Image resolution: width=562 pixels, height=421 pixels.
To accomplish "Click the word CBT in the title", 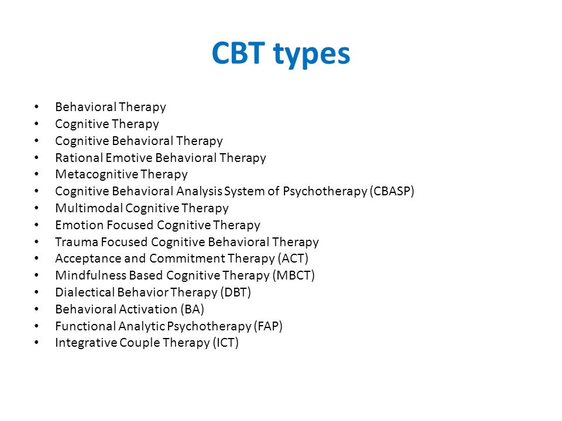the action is coord(238,53).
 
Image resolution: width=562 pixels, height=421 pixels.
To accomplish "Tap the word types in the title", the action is coord(311,55).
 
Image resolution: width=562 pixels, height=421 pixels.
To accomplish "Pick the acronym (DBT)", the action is coord(235,292).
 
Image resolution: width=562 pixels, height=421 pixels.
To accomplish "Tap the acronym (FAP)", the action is coord(268,326).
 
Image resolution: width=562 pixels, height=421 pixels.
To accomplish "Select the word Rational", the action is coord(79,157).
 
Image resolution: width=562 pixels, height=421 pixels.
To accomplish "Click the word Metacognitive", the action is coord(97,174).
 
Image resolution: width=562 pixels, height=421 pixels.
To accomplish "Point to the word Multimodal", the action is coord(89,208).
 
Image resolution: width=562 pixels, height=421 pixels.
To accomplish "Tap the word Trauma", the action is coord(77,242).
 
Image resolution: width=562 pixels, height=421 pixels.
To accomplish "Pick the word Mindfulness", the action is coord(91,275).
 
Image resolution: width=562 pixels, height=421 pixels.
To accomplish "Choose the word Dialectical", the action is coord(85,292).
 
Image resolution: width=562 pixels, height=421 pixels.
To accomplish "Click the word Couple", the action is coord(140,343).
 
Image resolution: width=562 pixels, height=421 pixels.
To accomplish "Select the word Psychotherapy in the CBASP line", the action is coord(325,192).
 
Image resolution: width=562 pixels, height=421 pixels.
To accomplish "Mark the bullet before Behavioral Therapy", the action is coord(36,106).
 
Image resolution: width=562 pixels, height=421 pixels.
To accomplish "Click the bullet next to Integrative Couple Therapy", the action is coord(36,343).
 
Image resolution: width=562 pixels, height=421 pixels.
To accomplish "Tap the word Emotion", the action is coord(79,225).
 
